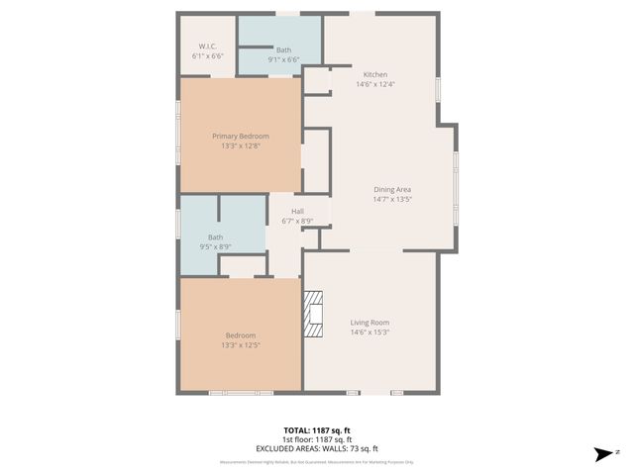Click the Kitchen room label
375,75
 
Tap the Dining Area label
392,189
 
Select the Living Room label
370,322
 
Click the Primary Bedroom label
240,136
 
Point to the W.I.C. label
207,47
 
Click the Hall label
297,211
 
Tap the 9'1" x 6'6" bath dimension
283,59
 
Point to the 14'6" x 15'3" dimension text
370,332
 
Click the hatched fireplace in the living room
314,315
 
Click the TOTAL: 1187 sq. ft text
316,430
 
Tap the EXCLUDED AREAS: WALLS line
316,448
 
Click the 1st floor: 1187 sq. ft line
316,439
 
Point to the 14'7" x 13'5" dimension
392,199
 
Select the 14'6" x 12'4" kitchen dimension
375,85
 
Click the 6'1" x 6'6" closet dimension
207,56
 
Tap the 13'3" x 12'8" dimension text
240,146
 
